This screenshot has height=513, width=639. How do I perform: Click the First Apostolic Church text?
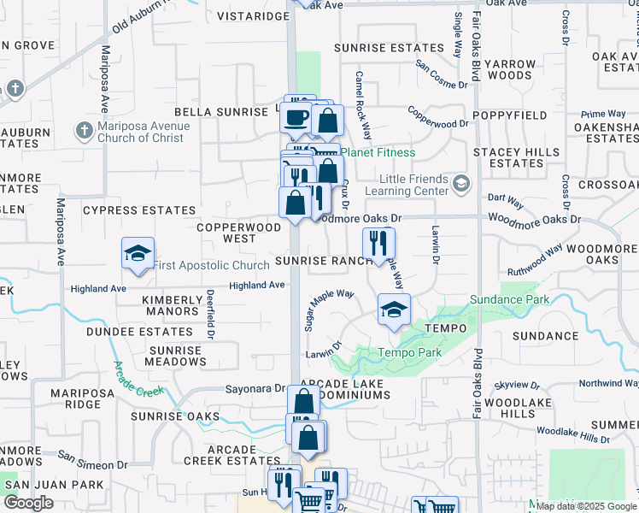tap(199, 265)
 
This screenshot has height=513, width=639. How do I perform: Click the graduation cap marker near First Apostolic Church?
tap(138, 253)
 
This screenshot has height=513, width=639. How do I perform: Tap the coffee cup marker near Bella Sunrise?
tap(296, 116)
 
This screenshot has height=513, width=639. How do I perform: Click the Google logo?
tap(28, 503)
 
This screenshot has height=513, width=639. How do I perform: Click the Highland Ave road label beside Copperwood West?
tap(257, 286)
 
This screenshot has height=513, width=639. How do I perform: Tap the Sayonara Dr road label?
tap(255, 388)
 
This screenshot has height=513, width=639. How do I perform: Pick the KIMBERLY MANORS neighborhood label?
tap(172, 306)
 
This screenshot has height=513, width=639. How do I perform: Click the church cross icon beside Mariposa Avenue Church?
tap(84, 131)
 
